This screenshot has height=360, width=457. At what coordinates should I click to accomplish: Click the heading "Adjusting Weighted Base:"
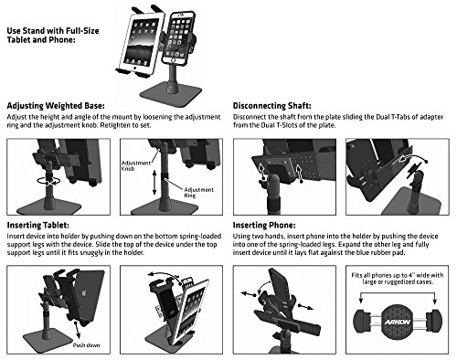tap(56, 106)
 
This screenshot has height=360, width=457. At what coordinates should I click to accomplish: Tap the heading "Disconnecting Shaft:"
tap(272, 106)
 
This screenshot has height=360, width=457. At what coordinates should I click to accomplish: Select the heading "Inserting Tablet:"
tap(38, 226)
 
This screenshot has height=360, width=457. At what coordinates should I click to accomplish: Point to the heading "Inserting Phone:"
tap(264, 226)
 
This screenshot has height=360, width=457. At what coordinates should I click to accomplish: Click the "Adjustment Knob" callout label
tap(136, 165)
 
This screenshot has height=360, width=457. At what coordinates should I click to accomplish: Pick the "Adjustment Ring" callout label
tap(198, 193)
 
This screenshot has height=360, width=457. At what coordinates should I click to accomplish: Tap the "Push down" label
tap(86, 345)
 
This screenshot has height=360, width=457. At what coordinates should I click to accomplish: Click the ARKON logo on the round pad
tap(397, 323)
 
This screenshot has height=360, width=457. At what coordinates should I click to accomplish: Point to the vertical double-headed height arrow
tap(154, 183)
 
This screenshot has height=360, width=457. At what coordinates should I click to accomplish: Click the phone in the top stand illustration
tap(178, 37)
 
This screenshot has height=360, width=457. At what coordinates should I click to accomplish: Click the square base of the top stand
tap(171, 92)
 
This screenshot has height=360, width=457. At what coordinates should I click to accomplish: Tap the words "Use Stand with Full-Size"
tap(53, 31)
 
